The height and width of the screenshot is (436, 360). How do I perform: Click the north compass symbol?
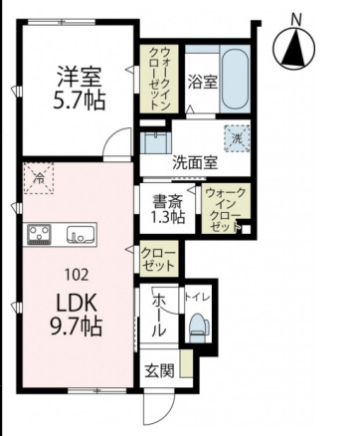(294, 46)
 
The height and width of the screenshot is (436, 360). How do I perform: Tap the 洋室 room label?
(79, 74)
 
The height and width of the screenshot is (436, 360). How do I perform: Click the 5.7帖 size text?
(79, 100)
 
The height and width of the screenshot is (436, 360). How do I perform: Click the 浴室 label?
(204, 82)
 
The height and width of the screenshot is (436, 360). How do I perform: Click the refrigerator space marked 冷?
(39, 179)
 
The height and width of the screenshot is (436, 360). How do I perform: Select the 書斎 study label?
(165, 198)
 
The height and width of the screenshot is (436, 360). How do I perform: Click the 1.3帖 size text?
(165, 216)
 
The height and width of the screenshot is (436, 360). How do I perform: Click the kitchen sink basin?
(78, 235)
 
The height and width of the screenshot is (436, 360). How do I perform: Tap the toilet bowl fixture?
(199, 325)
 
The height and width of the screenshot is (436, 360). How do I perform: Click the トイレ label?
(197, 297)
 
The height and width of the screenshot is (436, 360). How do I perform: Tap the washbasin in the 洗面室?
(155, 140)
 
